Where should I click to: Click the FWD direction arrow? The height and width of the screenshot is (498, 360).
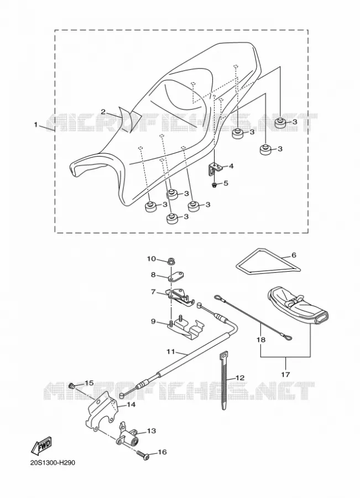click(40, 445)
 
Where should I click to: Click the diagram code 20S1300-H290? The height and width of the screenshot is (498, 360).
click(53, 463)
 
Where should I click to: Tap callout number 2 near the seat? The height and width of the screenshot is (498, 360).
click(103, 111)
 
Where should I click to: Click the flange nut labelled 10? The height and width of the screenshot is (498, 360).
click(172, 261)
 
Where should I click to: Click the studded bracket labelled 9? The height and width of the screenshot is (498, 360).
click(186, 328)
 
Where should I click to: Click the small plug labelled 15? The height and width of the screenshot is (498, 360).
click(72, 386)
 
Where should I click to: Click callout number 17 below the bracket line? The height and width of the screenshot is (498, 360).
click(285, 374)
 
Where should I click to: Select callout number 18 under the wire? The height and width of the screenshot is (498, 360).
click(261, 340)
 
